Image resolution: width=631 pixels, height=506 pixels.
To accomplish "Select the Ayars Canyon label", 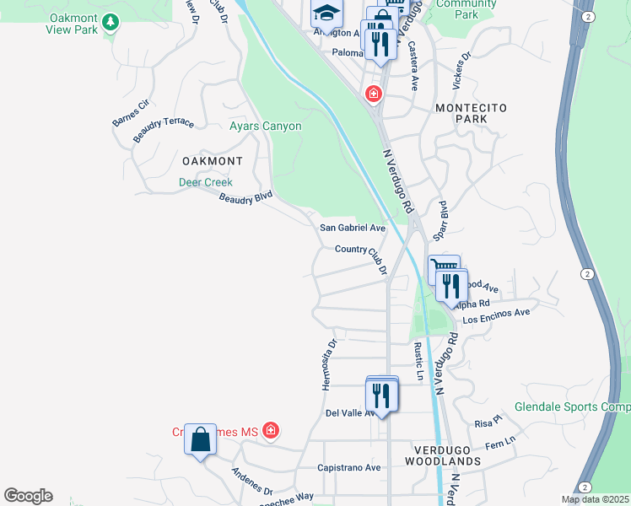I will coord(265,126).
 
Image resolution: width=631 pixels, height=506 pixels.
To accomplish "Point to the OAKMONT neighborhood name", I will coord(212,160).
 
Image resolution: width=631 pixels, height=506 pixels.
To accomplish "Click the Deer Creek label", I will coord(205,181).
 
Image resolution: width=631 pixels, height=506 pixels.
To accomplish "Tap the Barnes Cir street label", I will coord(130,114).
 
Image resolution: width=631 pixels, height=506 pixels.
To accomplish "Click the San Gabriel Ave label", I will coord(352,228).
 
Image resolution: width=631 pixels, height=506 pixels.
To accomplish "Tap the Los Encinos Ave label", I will coord(496,315).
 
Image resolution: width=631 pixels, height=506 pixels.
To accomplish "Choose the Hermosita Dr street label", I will coord(330,364).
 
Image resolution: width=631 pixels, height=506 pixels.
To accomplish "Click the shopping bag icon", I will coord(200,439).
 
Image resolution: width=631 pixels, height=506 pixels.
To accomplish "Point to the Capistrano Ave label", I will coord(345,466).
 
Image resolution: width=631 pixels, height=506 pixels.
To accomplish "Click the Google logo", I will coord(28,496).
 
